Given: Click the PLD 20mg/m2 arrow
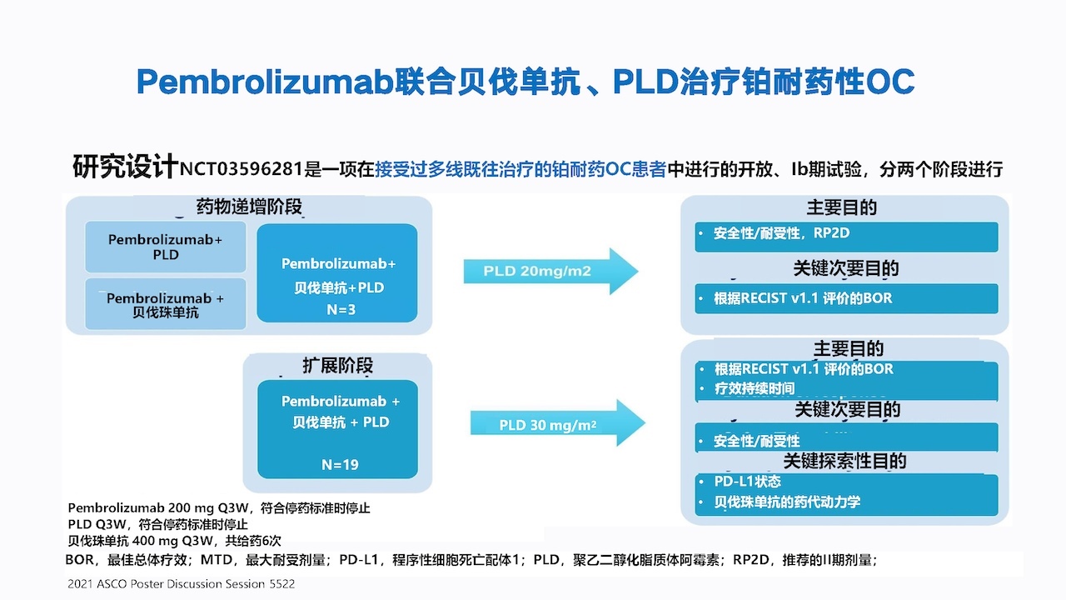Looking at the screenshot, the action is point(550,271).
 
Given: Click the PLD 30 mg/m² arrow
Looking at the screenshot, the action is point(558,422).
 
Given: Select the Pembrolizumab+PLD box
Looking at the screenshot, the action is point(166,247).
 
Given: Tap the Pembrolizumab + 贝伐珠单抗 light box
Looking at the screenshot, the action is point(166,305).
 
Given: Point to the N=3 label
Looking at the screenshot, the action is point(341,309).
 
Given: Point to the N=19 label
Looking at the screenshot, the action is point(340,464).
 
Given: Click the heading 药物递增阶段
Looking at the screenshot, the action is point(249,207).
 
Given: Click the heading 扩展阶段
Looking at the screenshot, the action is point(338,365).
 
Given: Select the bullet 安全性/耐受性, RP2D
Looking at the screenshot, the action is point(781,232).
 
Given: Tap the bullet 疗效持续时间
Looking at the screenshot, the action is point(755,388).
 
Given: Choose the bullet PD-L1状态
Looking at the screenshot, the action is point(747,482).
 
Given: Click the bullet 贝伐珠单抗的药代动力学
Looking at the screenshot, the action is point(787,502).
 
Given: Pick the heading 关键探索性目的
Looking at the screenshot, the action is point(844,461).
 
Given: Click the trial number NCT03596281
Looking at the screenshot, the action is point(242,169).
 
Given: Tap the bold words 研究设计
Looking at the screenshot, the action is point(125,167).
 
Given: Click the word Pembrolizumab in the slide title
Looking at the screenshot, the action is point(265,82).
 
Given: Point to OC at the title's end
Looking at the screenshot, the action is point(890,82).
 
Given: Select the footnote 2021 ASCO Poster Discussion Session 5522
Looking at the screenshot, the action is point(182,584).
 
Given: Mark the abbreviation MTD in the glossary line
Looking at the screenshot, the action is point(216,559).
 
